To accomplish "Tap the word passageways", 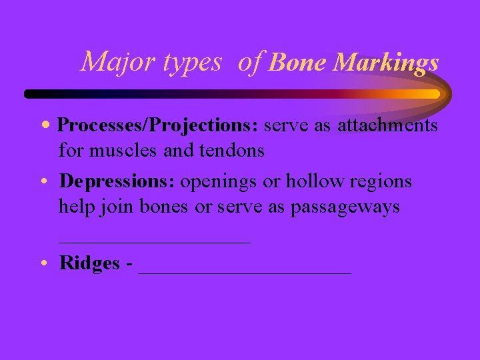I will pyautogui.click(x=345, y=207).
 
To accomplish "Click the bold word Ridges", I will pyautogui.click(x=89, y=263).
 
